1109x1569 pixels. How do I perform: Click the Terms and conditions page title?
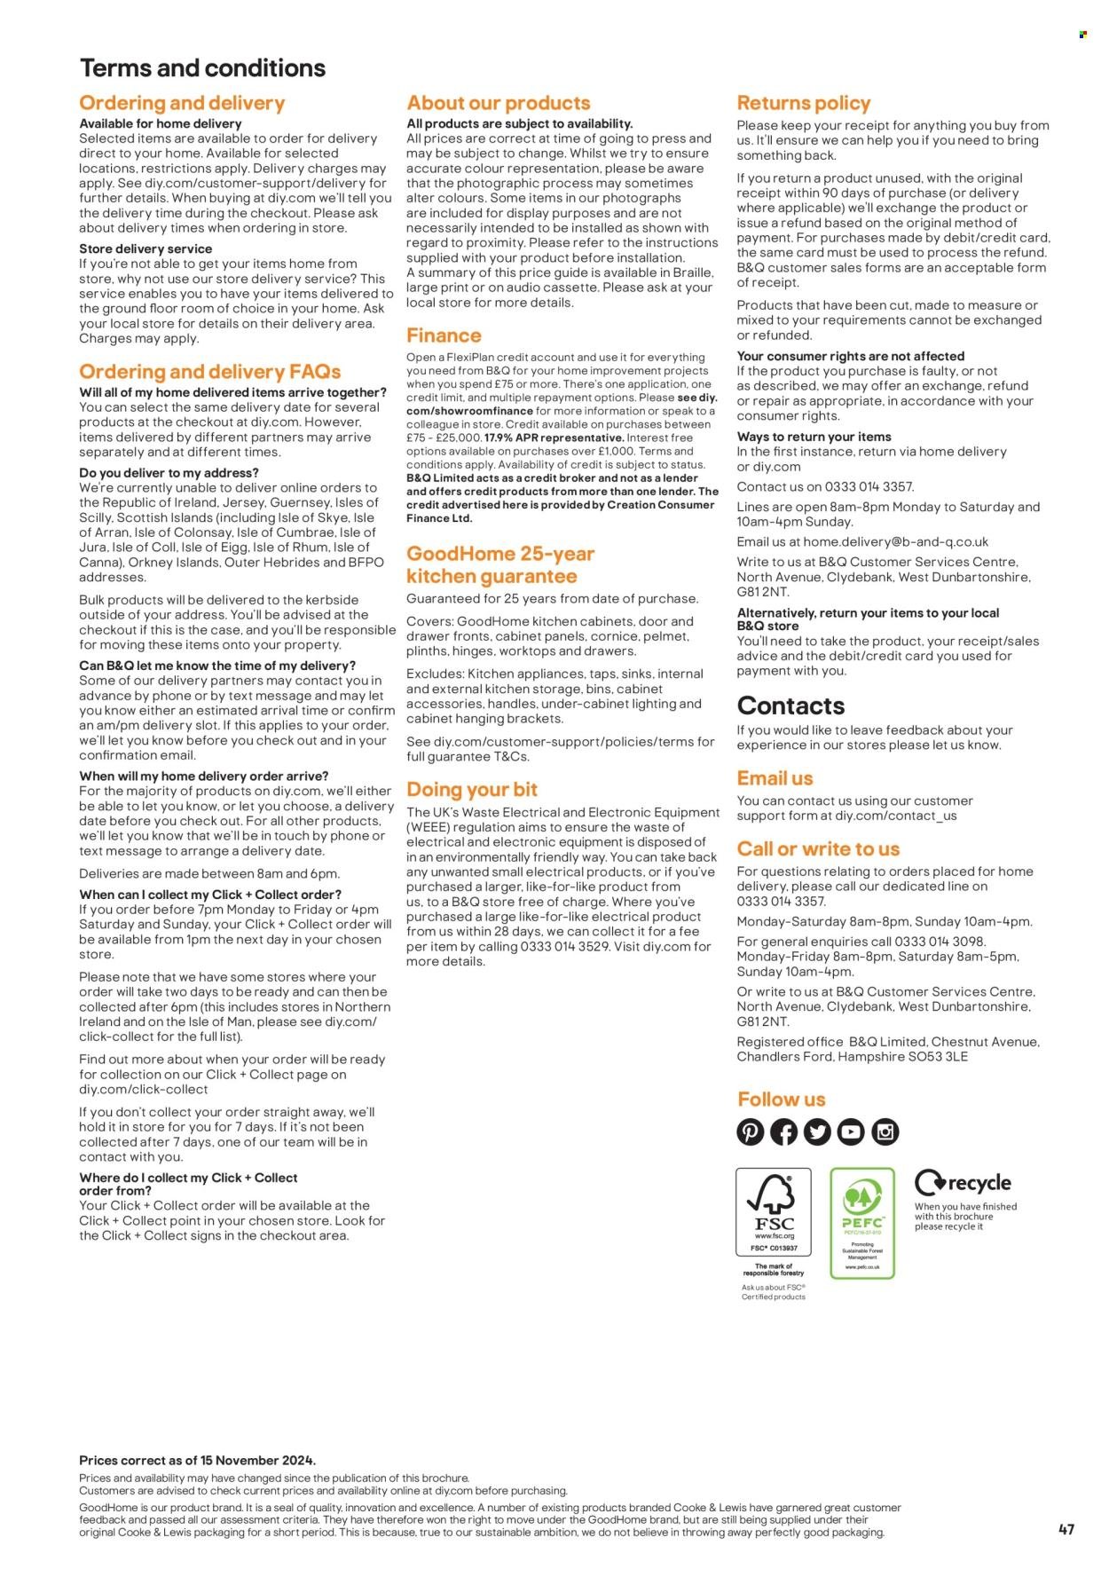click(202, 68)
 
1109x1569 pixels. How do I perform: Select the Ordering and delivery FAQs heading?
click(209, 371)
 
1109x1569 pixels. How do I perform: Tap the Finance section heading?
click(444, 335)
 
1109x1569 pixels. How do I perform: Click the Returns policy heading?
click(803, 103)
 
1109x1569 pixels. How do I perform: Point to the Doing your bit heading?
click(472, 790)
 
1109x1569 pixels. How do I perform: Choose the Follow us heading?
click(781, 1100)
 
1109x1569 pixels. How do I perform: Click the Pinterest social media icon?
click(750, 1131)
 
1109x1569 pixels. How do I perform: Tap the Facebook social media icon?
click(783, 1131)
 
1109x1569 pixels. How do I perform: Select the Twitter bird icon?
click(817, 1131)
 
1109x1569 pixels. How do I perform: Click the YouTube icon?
click(851, 1131)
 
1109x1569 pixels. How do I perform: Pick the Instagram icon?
click(885, 1131)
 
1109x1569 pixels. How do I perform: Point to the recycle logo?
click(963, 1183)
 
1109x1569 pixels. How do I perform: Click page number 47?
click(1066, 1529)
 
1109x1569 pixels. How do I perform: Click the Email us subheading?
click(775, 778)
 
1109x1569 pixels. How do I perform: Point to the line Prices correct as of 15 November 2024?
click(197, 1460)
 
